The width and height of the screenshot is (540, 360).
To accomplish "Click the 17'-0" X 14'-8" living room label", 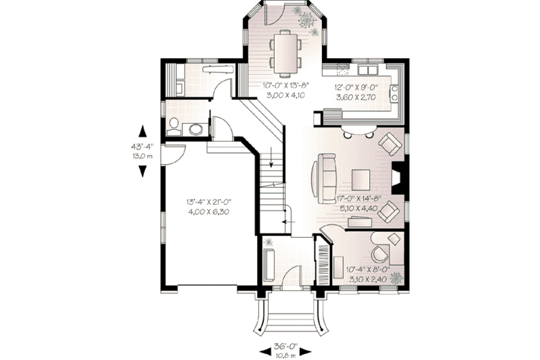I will (x=358, y=203).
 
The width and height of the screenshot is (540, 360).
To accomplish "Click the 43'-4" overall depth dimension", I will (x=143, y=150).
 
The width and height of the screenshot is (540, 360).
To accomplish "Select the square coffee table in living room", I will (x=361, y=178).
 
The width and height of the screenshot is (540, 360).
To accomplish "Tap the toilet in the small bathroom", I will (x=173, y=125).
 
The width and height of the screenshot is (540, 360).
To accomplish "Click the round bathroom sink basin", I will (x=195, y=129).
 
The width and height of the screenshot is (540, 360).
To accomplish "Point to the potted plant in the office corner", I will (x=395, y=277).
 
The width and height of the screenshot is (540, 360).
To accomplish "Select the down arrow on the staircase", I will (x=271, y=159).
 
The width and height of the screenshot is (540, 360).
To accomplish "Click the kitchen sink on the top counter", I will (x=368, y=70).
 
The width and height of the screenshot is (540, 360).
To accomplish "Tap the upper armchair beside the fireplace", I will (x=389, y=143).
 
